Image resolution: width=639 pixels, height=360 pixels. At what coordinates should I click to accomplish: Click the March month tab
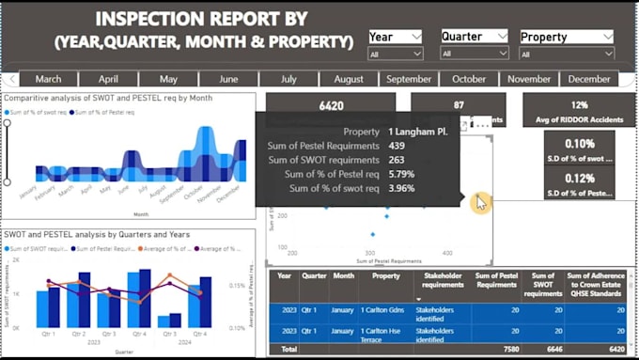pyautogui.click(x=49, y=79)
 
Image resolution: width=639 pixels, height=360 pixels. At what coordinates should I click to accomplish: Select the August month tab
pyautogui.click(x=349, y=79)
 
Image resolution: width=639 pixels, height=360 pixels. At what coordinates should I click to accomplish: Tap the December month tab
pyautogui.click(x=589, y=79)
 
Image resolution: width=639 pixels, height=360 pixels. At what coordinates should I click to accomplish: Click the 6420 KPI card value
pyautogui.click(x=331, y=106)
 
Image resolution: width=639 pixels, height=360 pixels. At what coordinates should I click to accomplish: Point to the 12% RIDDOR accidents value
pyautogui.click(x=578, y=105)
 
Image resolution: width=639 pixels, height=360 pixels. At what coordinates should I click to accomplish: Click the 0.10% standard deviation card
pyautogui.click(x=580, y=144)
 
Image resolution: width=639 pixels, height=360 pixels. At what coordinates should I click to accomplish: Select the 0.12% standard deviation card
pyautogui.click(x=580, y=179)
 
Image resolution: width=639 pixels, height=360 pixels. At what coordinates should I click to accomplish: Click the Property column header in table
pyautogui.click(x=384, y=283)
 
